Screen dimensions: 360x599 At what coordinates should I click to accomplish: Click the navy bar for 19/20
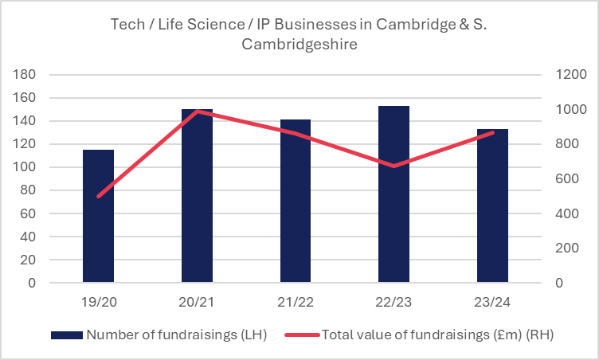click(98, 216)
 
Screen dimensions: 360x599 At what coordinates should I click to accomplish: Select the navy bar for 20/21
click(197, 196)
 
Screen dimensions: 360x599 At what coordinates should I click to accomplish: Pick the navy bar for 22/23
click(393, 194)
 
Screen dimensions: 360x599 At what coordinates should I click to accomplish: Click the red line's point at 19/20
click(98, 196)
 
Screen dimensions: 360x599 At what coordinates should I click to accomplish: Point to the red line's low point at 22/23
click(393, 166)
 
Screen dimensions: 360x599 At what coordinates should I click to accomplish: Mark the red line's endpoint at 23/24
click(492, 132)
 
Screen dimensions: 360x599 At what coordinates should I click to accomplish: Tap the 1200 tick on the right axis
click(571, 75)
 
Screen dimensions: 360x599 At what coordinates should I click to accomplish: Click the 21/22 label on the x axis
click(296, 303)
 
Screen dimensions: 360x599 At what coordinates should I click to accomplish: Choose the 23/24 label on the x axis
click(492, 303)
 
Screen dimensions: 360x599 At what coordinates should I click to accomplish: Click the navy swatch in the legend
click(66, 335)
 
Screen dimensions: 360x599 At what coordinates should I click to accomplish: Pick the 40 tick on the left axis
click(28, 237)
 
